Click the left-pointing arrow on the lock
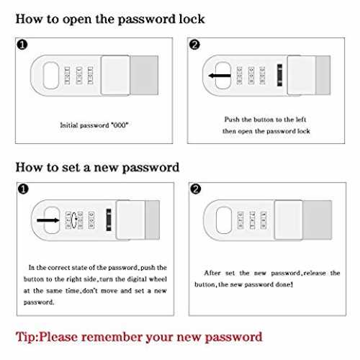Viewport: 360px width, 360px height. pos(220,76)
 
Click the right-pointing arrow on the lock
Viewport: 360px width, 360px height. pos(48,220)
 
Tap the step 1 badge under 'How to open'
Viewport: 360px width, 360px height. pos(22,45)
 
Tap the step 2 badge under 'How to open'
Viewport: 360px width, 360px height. pos(194,45)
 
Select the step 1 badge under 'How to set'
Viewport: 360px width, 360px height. pos(23,189)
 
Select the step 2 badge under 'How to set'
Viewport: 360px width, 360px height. pos(196,189)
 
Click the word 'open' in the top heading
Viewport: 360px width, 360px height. pos(77,20)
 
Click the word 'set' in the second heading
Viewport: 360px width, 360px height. pos(71,167)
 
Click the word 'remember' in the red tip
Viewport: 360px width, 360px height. pos(112,336)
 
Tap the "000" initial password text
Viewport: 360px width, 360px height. pos(120,125)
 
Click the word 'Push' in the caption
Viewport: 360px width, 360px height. pos(232,120)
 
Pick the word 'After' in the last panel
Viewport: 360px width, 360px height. pos(212,273)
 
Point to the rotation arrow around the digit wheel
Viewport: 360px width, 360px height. pos(74,220)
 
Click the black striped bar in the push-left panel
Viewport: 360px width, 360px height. pos(279,75)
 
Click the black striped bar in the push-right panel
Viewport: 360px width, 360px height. pos(109,220)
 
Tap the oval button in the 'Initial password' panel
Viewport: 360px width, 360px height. pos(51,76)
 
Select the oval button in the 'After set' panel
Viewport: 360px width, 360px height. pos(224,220)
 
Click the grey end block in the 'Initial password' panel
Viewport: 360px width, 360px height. pos(144,75)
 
